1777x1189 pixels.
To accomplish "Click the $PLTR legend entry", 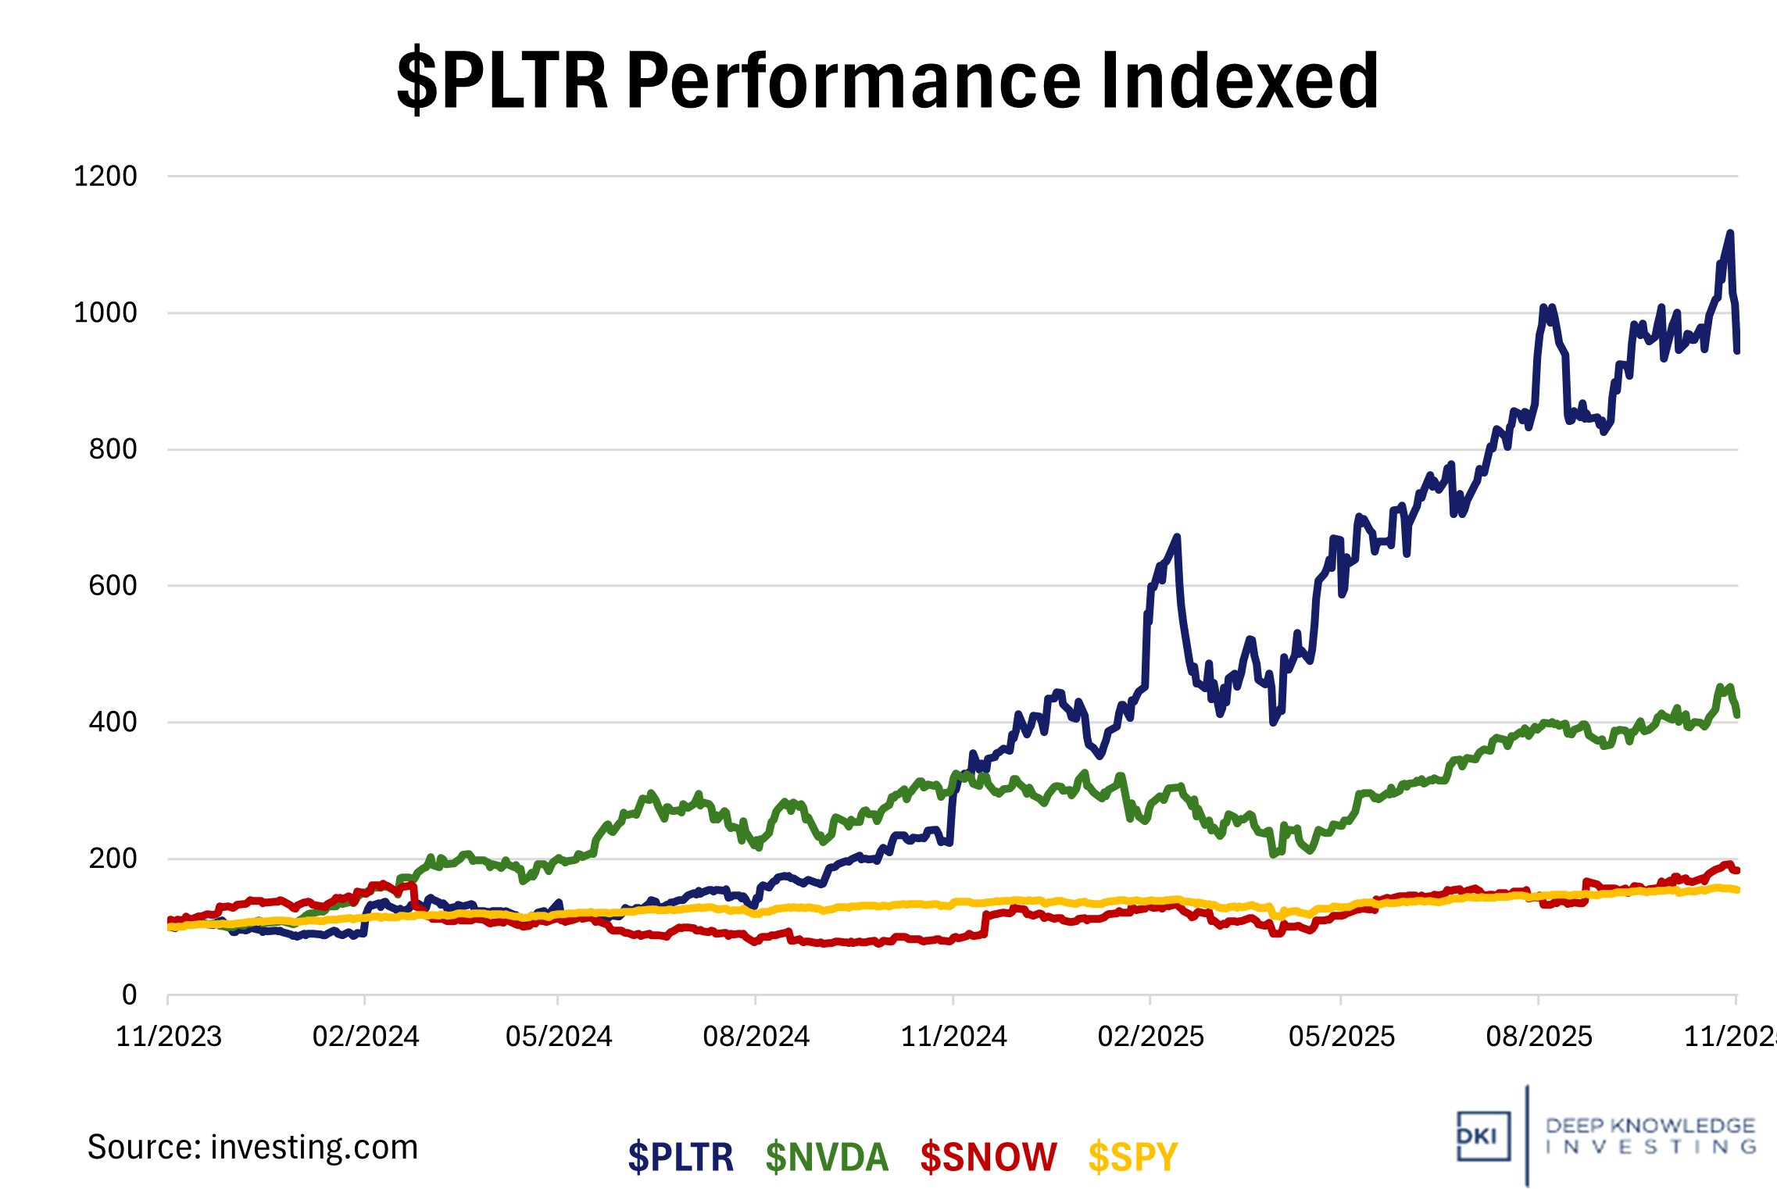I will [680, 1156].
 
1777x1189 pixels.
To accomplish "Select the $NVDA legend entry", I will [827, 1156].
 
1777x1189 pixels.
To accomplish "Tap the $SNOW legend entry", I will [988, 1156].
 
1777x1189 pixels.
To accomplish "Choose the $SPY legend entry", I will [1132, 1156].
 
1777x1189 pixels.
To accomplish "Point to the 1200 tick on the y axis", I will [105, 177].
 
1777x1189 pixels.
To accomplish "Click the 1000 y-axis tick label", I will [105, 313].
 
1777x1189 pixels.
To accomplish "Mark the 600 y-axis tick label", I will [113, 586].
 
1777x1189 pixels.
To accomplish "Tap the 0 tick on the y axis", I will [129, 994].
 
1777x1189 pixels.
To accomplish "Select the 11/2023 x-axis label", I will [169, 1037].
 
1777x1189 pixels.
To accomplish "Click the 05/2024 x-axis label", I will [559, 1037].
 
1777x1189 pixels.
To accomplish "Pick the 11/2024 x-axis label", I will [953, 1037].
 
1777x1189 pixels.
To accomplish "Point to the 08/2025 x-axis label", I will [1539, 1037].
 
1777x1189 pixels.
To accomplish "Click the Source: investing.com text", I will [252, 1147].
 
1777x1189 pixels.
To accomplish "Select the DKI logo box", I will [1482, 1136].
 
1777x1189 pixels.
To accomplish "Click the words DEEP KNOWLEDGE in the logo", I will [1650, 1126].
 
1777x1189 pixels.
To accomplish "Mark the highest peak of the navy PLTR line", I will [1730, 233].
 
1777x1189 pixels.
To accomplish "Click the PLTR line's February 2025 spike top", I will [1177, 537].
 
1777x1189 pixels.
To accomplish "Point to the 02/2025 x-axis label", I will [1150, 1037].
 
